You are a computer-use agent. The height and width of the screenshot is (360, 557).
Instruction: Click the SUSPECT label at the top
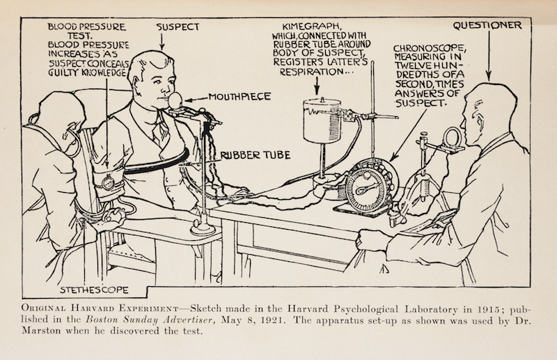pos(178,28)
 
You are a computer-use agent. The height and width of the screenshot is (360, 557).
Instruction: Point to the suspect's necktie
pos(159,132)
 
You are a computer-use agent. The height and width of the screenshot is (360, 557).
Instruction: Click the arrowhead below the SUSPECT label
pos(162,47)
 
